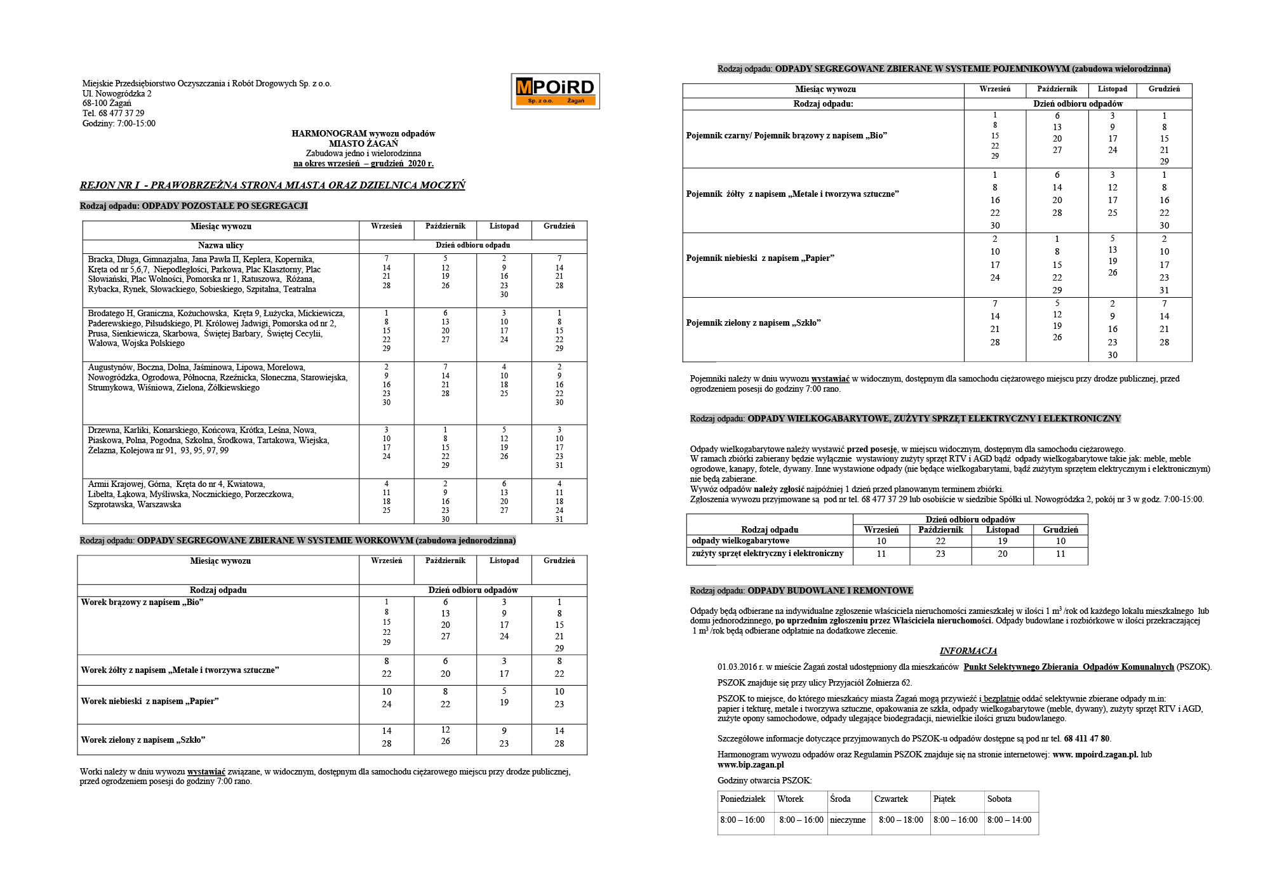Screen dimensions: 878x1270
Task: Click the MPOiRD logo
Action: pos(555,91)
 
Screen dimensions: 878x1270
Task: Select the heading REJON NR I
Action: pos(110,185)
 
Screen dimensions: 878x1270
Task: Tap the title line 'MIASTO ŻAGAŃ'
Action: pos(363,143)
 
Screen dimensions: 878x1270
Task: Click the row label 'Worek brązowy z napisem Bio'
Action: pos(142,602)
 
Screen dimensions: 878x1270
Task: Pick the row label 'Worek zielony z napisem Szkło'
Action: pos(143,740)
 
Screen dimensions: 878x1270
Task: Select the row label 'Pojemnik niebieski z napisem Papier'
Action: pos(760,258)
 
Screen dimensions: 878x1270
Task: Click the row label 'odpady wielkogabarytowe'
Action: pos(740,541)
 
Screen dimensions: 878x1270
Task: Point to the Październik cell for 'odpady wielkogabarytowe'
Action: pos(940,542)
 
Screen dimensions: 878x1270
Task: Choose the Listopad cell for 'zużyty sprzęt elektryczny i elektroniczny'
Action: pos(1002,554)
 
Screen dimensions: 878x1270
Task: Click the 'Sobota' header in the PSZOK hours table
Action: pos(999,799)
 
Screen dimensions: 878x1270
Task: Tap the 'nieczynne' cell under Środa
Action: pos(848,820)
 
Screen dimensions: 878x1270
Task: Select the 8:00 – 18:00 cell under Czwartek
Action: pos(900,820)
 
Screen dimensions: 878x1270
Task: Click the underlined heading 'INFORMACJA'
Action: pos(968,651)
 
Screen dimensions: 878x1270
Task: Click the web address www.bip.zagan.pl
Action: pos(751,765)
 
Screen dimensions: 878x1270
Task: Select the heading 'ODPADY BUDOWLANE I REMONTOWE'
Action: pos(830,591)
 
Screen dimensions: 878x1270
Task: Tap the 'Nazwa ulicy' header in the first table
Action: pos(220,246)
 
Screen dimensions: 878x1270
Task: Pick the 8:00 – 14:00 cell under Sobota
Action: pos(1009,820)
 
